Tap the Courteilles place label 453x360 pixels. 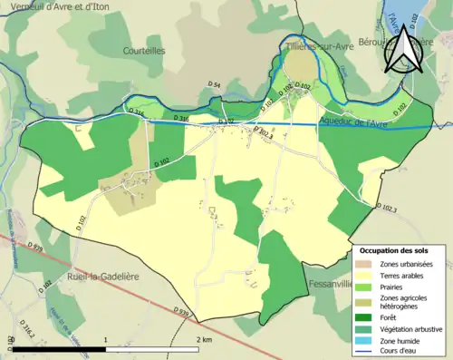click(x=144, y=52)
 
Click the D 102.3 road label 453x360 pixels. click(x=384, y=209)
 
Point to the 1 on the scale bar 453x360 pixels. click(x=107, y=338)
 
